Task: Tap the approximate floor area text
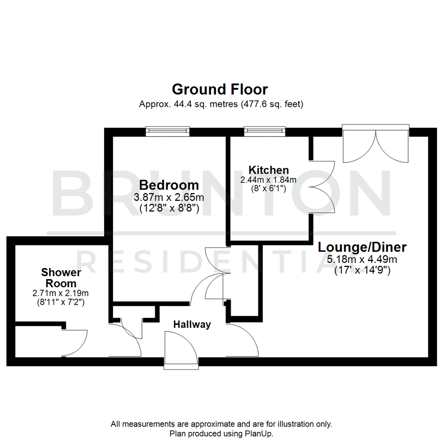(x=221, y=104)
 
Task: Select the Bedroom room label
(x=169, y=184)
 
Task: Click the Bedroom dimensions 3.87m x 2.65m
(x=169, y=197)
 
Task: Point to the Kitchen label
(x=269, y=170)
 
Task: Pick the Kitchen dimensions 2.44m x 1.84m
(x=269, y=180)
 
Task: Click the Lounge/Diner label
(x=362, y=247)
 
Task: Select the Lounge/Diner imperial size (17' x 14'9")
(x=362, y=270)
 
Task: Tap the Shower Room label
(x=61, y=278)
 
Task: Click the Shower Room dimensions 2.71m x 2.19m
(x=61, y=293)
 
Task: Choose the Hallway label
(x=192, y=324)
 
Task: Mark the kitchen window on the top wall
(x=264, y=131)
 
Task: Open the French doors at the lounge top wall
(x=376, y=144)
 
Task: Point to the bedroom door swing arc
(x=204, y=287)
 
